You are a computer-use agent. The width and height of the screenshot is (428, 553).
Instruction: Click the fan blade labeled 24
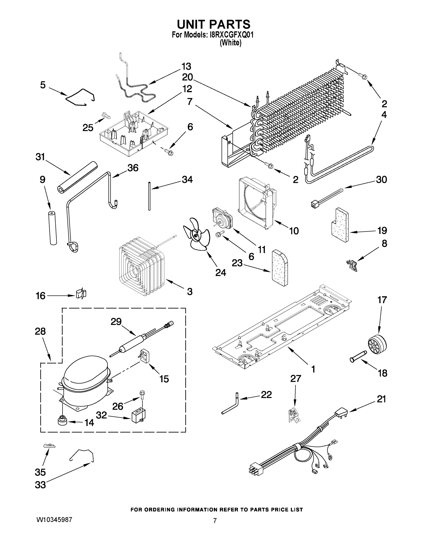(x=196, y=235)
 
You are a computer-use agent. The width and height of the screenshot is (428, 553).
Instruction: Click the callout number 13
(x=186, y=67)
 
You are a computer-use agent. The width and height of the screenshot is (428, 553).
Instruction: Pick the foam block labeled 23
(x=280, y=268)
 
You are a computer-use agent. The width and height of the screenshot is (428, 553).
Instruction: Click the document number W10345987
(x=54, y=520)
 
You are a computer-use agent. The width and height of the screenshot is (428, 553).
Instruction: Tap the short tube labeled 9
(x=53, y=227)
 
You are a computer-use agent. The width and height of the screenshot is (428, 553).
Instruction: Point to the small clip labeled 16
(x=81, y=294)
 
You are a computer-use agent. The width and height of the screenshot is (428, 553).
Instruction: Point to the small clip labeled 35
(x=49, y=446)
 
